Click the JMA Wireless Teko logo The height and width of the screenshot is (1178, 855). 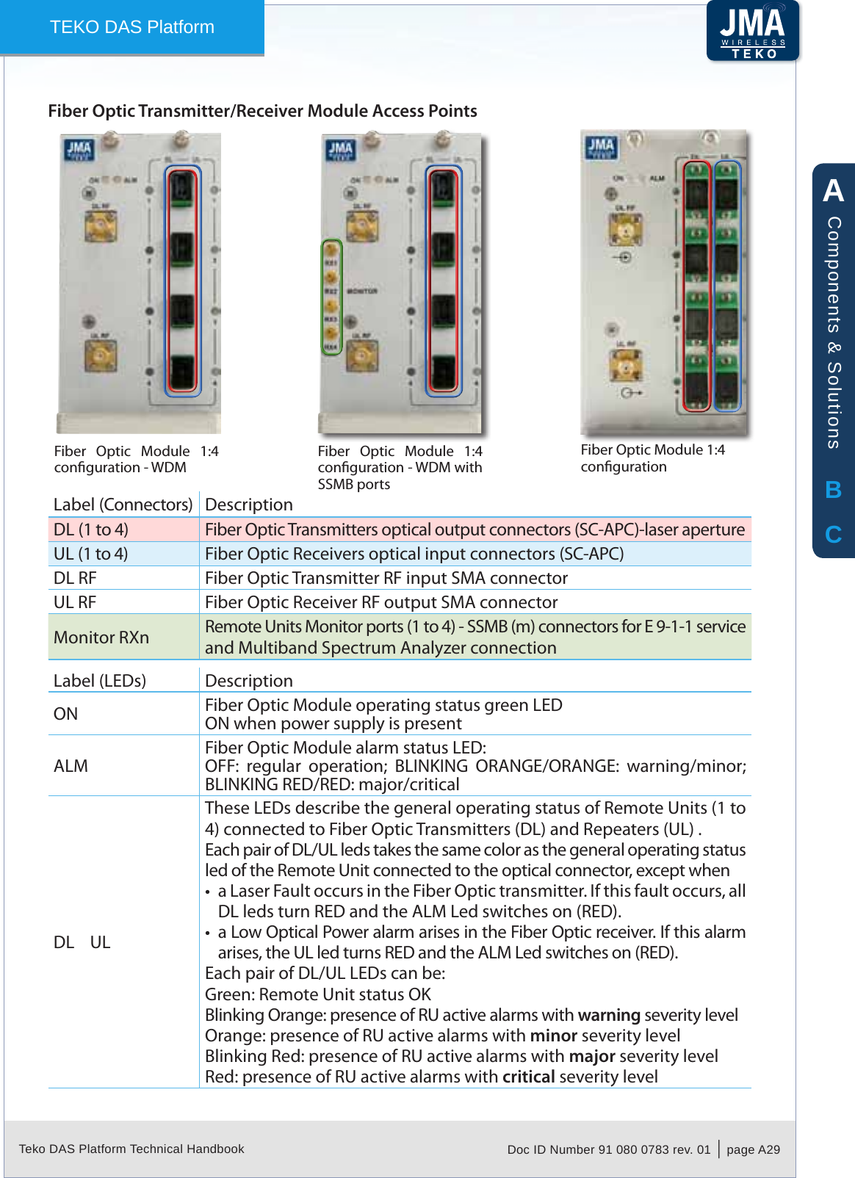tap(753, 32)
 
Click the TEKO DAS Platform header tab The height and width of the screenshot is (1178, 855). tap(132, 27)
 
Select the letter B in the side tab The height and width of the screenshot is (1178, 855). tap(833, 490)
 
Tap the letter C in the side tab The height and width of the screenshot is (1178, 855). tap(833, 535)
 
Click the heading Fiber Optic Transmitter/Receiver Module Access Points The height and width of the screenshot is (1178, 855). tap(262, 111)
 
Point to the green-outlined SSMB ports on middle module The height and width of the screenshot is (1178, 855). tap(332, 297)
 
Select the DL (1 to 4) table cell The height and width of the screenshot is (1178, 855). tap(91, 530)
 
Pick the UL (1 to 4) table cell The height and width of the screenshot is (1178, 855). tap(91, 554)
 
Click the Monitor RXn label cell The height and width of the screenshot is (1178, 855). tap(101, 637)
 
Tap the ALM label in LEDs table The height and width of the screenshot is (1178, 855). tap(71, 766)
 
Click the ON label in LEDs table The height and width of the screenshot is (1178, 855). tap(65, 714)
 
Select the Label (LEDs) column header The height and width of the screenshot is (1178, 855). tap(100, 681)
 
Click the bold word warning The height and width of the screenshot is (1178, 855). tap(609, 1015)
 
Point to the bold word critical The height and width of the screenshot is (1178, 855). tap(528, 1077)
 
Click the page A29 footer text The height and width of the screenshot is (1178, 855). tap(753, 1149)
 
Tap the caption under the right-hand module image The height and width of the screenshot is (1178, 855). tap(652, 458)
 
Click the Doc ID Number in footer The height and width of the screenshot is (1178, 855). tap(608, 1149)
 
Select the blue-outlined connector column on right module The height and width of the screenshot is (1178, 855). tap(726, 286)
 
